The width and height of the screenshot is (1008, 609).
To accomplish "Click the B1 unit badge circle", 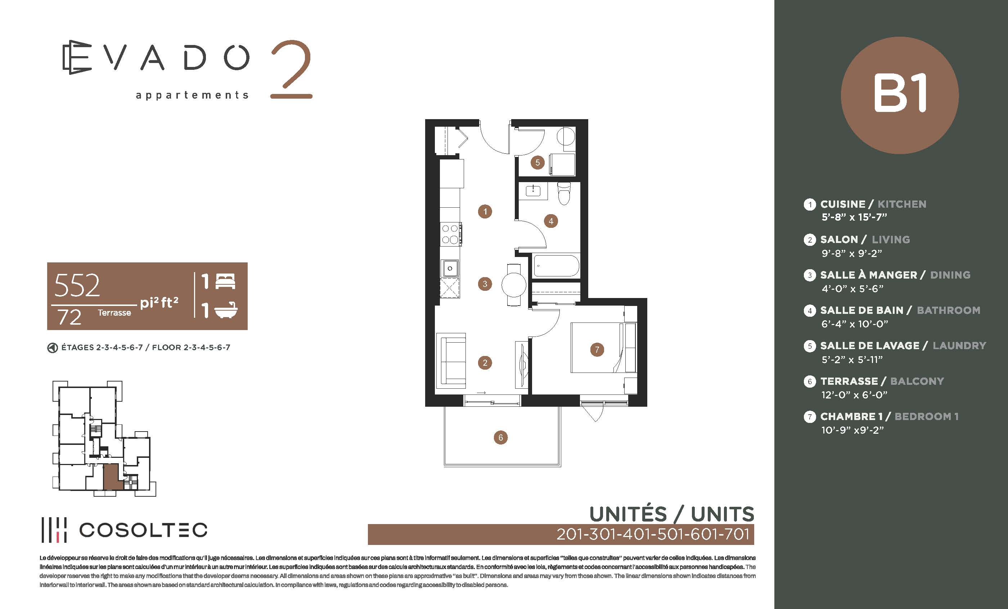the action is pos(900,95).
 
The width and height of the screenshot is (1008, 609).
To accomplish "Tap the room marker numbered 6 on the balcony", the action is pos(500,437).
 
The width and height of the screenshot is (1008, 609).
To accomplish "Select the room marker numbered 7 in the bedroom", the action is pos(597,349).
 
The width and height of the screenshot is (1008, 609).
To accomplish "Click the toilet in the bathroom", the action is pos(564,193).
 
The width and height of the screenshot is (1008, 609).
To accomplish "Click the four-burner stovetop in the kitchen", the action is pos(450,234).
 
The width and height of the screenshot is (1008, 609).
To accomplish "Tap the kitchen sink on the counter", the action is pos(450,268).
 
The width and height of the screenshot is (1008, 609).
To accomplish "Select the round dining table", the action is pos(514,284).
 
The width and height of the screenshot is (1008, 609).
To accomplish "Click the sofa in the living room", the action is pos(451,361).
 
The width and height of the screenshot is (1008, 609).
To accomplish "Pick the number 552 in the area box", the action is pos(77,285).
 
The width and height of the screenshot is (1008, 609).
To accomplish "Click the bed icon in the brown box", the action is pos(225,281).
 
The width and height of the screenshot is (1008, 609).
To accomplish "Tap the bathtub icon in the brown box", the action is pos(226,310).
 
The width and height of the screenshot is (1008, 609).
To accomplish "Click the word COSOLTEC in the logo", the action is pos(143,530).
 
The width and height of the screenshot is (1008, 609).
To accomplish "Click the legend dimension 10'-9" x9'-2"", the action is pos(852,430).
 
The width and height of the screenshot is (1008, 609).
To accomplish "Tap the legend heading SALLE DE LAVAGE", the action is pos(870,346).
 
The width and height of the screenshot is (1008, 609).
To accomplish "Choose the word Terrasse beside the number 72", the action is pos(114,312).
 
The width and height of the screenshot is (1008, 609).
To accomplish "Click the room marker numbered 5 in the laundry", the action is pos(537,162).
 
